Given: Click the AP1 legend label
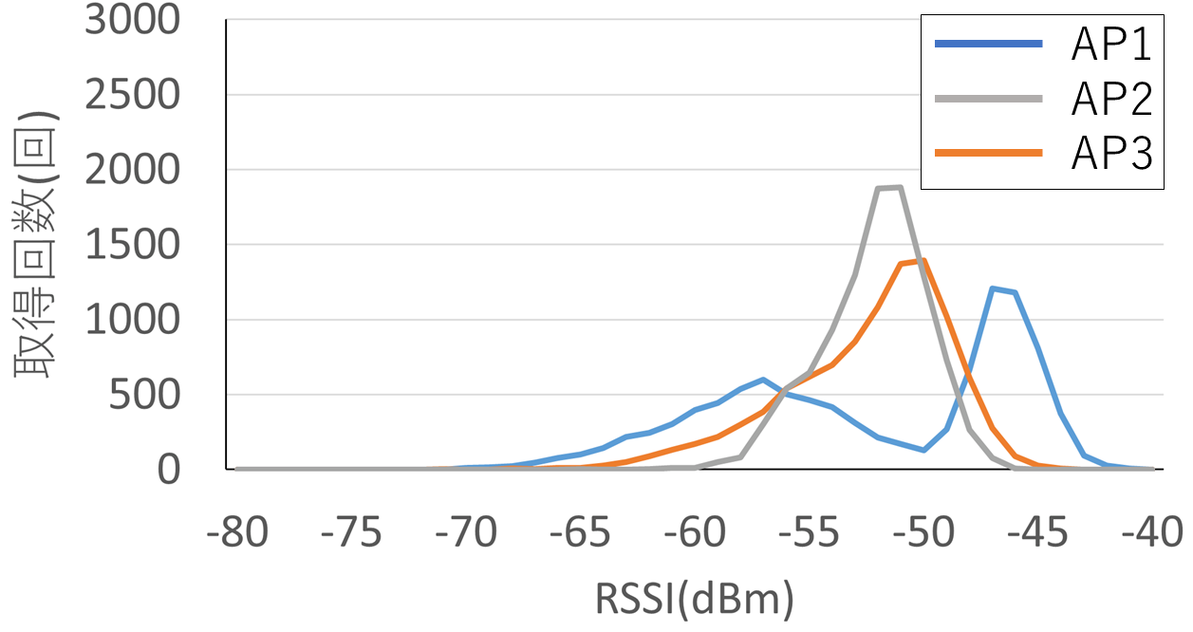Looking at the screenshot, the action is [x=1111, y=45].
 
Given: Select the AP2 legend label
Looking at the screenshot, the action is [x=1111, y=99].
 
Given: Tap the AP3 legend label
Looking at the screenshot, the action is [x=1111, y=154].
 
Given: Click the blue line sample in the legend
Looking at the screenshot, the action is [x=989, y=44].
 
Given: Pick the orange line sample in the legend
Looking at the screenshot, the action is [x=989, y=154].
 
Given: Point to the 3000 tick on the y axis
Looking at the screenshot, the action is [x=133, y=20].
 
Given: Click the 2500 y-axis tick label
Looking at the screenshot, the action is [x=133, y=95].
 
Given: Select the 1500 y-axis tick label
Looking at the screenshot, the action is [x=133, y=245].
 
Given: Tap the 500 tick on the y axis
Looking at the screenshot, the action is [x=144, y=395].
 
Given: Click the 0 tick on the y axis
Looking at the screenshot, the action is [x=169, y=470].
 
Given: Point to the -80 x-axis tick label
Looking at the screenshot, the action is [x=237, y=532].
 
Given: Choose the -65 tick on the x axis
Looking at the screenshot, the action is [x=580, y=532].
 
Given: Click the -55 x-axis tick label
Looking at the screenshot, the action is [x=809, y=532].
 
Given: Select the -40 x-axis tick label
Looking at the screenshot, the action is [x=1152, y=532].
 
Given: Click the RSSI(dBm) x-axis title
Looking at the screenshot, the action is [x=694, y=600].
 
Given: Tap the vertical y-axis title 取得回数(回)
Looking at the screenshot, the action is [x=34, y=245].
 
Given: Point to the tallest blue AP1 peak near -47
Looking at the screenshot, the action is [x=992, y=288].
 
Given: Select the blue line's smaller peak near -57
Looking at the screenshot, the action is [x=763, y=379].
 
